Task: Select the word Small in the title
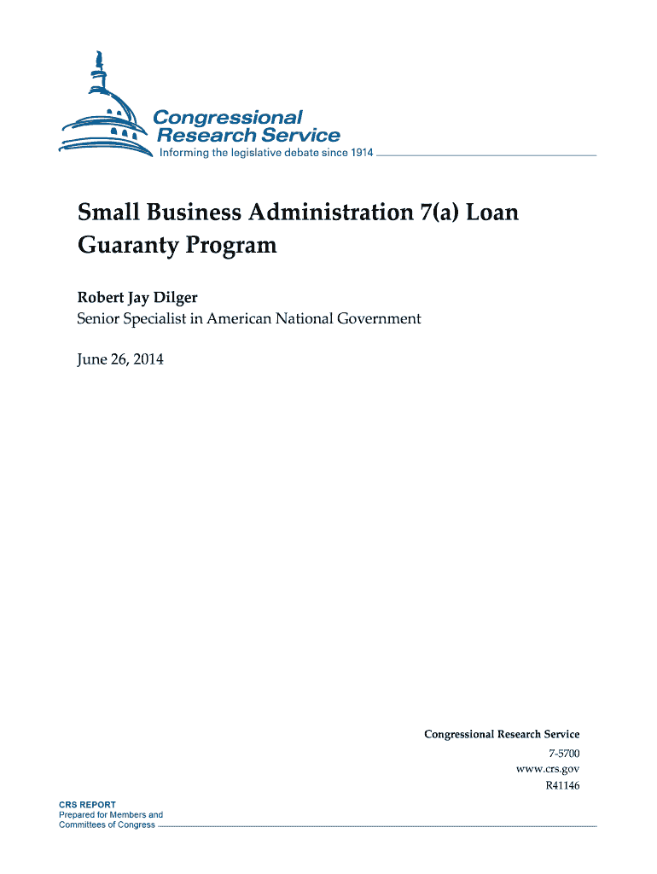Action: (x=107, y=211)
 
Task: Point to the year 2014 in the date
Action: (x=146, y=359)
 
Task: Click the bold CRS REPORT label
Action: (x=87, y=805)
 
